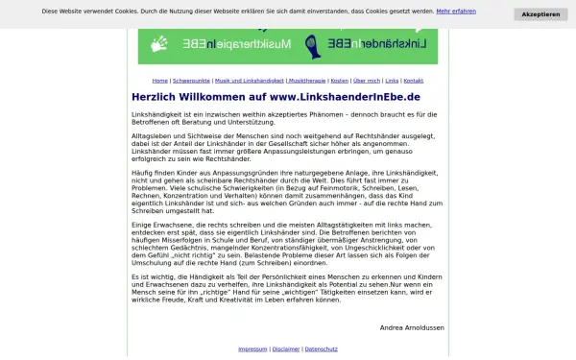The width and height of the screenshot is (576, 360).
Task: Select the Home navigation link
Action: (159, 81)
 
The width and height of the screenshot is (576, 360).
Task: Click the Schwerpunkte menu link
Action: (191, 81)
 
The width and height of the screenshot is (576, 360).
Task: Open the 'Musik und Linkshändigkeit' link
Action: (249, 81)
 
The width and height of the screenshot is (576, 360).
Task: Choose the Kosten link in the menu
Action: (339, 81)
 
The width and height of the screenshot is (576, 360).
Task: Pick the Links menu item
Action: (392, 81)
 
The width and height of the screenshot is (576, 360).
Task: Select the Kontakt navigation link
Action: (413, 81)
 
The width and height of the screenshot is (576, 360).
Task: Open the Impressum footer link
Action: (252, 348)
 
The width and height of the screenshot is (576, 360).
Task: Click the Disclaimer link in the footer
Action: (285, 348)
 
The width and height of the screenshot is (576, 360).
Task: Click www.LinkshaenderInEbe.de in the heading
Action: (345, 97)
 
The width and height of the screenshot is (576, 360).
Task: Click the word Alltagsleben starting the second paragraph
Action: (151, 136)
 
